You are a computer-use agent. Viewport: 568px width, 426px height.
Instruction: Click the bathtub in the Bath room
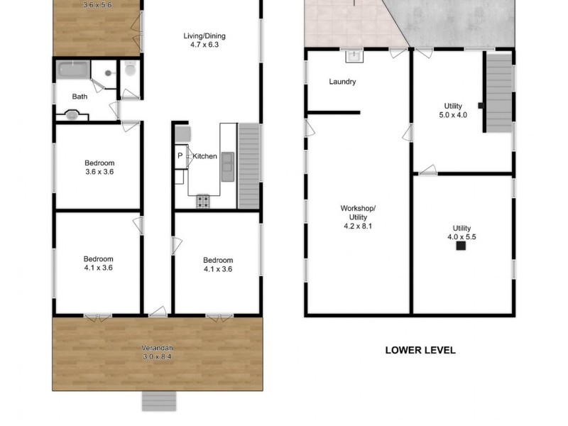[x=72, y=70]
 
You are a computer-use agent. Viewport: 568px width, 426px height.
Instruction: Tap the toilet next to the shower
[x=129, y=70]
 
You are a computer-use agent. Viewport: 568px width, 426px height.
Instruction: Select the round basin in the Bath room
[x=72, y=114]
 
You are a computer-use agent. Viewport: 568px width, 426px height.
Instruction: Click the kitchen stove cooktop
[x=203, y=202]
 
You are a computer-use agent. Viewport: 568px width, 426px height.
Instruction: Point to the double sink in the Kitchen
[x=227, y=165]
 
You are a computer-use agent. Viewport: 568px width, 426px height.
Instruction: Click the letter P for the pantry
[x=180, y=155]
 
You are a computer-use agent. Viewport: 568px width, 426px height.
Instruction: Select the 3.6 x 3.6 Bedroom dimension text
[x=99, y=172]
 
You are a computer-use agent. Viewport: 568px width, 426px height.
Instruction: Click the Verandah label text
[x=157, y=347]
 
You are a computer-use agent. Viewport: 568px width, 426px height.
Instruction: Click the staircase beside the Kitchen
[x=248, y=165]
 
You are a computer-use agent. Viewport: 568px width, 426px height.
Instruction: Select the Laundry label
[x=342, y=82]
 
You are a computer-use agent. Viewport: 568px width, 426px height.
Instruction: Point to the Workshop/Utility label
[x=358, y=212]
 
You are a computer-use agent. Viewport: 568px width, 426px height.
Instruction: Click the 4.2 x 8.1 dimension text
[x=358, y=226]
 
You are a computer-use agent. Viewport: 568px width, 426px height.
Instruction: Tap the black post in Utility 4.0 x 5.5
[x=461, y=246]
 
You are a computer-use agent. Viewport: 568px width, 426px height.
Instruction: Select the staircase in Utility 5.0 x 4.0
[x=498, y=92]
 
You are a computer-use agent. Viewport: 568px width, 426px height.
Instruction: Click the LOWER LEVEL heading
[x=420, y=349]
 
